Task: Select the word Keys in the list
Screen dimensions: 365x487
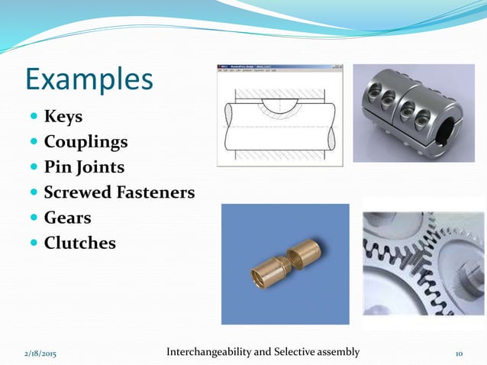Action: tap(63, 118)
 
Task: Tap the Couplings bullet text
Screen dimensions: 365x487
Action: tap(85, 143)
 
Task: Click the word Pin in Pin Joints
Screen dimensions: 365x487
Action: tap(59, 167)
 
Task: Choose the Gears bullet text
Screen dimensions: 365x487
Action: tap(67, 218)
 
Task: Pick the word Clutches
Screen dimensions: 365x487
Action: tap(79, 243)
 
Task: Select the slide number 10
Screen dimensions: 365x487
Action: tap(460, 354)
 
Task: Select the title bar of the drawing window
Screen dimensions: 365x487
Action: tap(279, 67)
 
